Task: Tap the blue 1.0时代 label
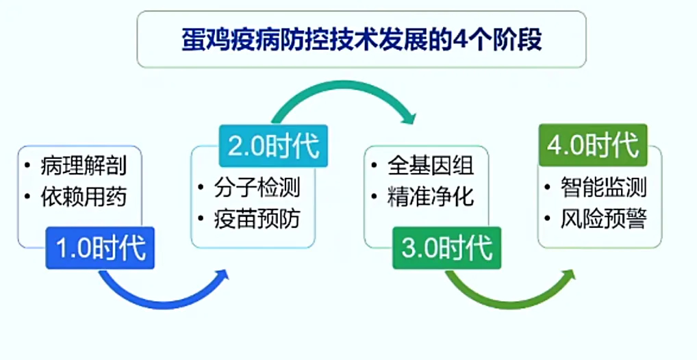click(x=100, y=248)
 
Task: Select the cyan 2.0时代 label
click(x=273, y=146)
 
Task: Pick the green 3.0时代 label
click(x=446, y=248)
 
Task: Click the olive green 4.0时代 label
click(x=593, y=145)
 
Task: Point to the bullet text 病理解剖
click(x=84, y=166)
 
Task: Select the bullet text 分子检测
click(x=257, y=188)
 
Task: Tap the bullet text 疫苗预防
click(x=257, y=218)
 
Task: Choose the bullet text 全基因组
click(x=431, y=166)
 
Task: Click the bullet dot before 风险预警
click(x=548, y=219)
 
